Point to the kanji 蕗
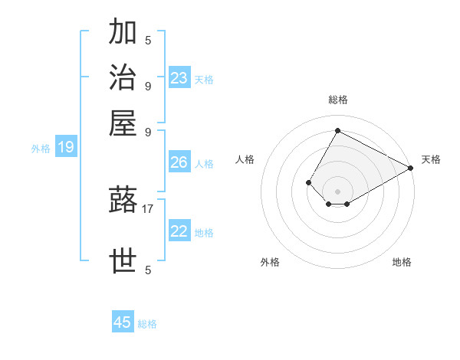123,200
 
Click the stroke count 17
148,208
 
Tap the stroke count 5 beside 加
148,40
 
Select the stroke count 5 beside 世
148,270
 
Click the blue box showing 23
179,77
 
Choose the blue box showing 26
179,162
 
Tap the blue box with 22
179,231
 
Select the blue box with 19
66,147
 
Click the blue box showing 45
123,322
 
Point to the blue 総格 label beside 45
147,324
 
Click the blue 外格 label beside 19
41,149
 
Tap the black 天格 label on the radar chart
431,159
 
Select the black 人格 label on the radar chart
245,159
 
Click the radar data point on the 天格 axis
411,168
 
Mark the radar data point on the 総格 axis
337,130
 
